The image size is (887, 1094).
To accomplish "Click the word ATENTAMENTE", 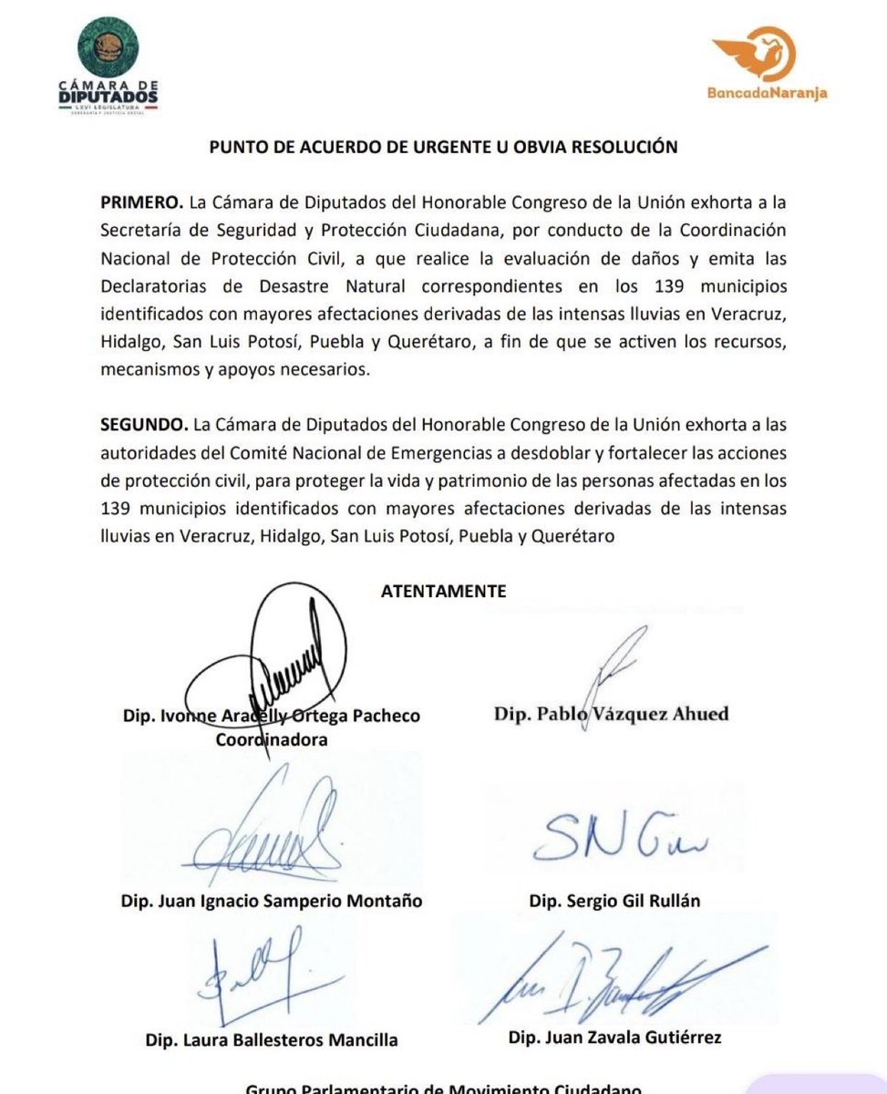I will [443, 591].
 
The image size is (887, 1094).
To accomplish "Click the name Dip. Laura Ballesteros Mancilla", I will [271, 1039].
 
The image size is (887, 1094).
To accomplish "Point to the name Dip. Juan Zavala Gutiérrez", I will [612, 1037].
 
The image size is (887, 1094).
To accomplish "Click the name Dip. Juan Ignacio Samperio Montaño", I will [271, 901].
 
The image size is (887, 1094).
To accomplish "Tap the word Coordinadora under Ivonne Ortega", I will [272, 740].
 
